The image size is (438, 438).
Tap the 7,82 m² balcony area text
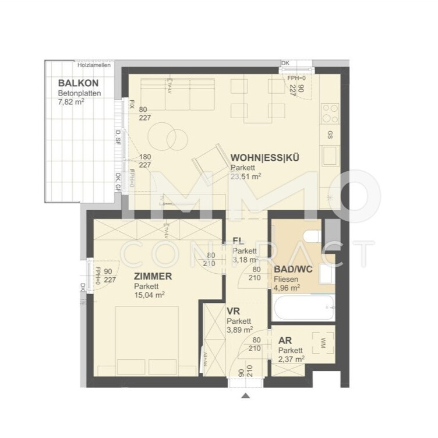(x=71, y=101)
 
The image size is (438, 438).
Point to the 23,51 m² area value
(x=246, y=176)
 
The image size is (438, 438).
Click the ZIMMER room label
(x=153, y=277)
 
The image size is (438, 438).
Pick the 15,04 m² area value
(x=149, y=295)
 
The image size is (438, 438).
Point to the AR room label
(x=284, y=341)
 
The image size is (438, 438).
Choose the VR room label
(x=233, y=312)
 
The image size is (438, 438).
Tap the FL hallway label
(x=238, y=241)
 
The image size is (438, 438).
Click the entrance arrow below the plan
(x=246, y=396)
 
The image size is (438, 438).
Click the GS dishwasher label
(x=330, y=135)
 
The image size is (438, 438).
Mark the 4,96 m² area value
(x=287, y=287)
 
